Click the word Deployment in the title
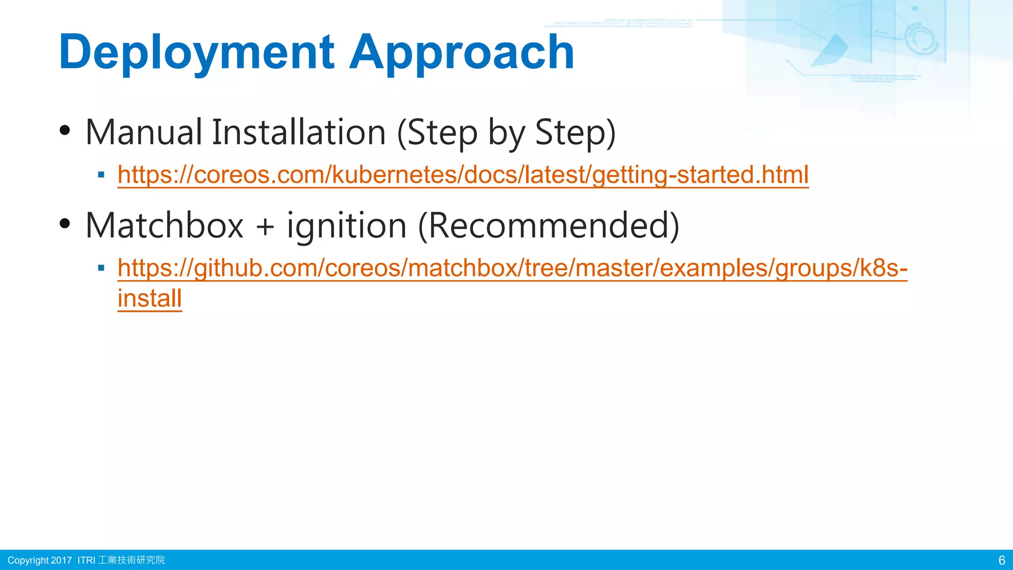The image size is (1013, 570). click(x=197, y=52)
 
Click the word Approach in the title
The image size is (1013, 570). click(x=461, y=52)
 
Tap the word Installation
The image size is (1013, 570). click(x=299, y=133)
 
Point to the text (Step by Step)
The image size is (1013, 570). click(x=506, y=133)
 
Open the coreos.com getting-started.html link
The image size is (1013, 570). click(x=463, y=175)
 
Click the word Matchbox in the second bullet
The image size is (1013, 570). click(x=165, y=226)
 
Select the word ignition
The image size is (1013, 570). click(x=347, y=226)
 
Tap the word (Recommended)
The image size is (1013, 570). click(x=549, y=226)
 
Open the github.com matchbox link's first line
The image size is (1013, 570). click(x=512, y=268)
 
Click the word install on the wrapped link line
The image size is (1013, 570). click(x=150, y=298)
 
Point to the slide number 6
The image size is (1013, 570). click(x=1002, y=560)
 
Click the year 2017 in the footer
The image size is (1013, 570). click(x=61, y=560)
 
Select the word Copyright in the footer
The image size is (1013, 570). click(x=28, y=560)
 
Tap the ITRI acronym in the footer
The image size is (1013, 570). click(x=86, y=560)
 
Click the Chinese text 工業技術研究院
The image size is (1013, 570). click(x=132, y=560)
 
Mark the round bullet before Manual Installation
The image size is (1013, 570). click(x=65, y=131)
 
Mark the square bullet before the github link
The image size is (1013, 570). click(x=101, y=268)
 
